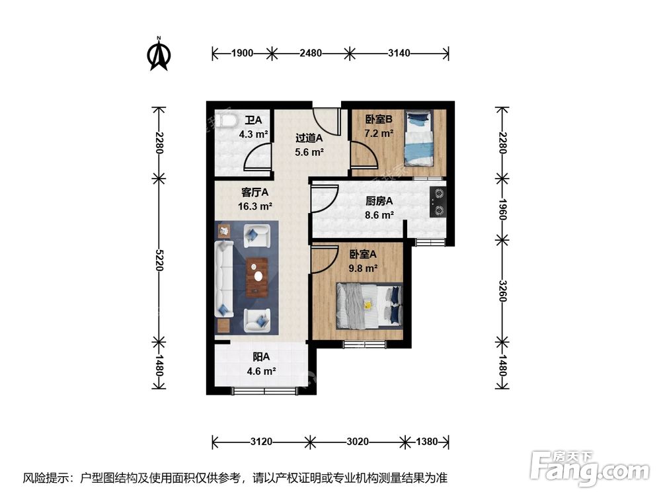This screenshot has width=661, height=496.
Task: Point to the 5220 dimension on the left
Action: coord(159,258)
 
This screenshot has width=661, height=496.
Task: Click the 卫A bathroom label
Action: coord(253,120)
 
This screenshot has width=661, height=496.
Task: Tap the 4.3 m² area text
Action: coord(253,134)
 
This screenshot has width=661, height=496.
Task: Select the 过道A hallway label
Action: coord(308,138)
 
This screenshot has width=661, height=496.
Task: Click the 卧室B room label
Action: coord(379,120)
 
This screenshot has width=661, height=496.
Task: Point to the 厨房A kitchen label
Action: coord(379,202)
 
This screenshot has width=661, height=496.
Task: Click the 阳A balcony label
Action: coord(260,358)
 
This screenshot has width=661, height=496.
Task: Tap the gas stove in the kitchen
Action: coord(438,202)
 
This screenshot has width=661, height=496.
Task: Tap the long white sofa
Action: coord(223,278)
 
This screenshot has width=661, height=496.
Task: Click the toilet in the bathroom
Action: coord(225,121)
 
